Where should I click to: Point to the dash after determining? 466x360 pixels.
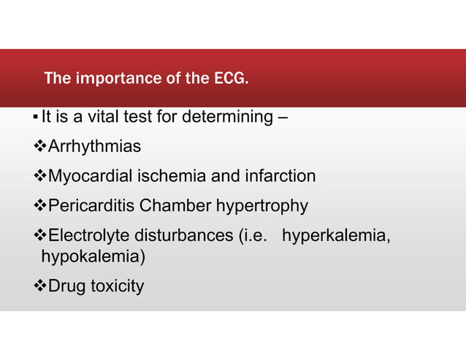point(281,117)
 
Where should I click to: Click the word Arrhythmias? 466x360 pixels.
point(94,147)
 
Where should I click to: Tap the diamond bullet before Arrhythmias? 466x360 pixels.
point(41,147)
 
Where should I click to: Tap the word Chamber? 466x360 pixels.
point(170,207)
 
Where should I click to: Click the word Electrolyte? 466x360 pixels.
point(88,237)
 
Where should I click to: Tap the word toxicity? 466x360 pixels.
point(117,286)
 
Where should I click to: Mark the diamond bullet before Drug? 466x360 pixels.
point(41,286)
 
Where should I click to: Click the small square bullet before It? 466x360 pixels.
point(37,118)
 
